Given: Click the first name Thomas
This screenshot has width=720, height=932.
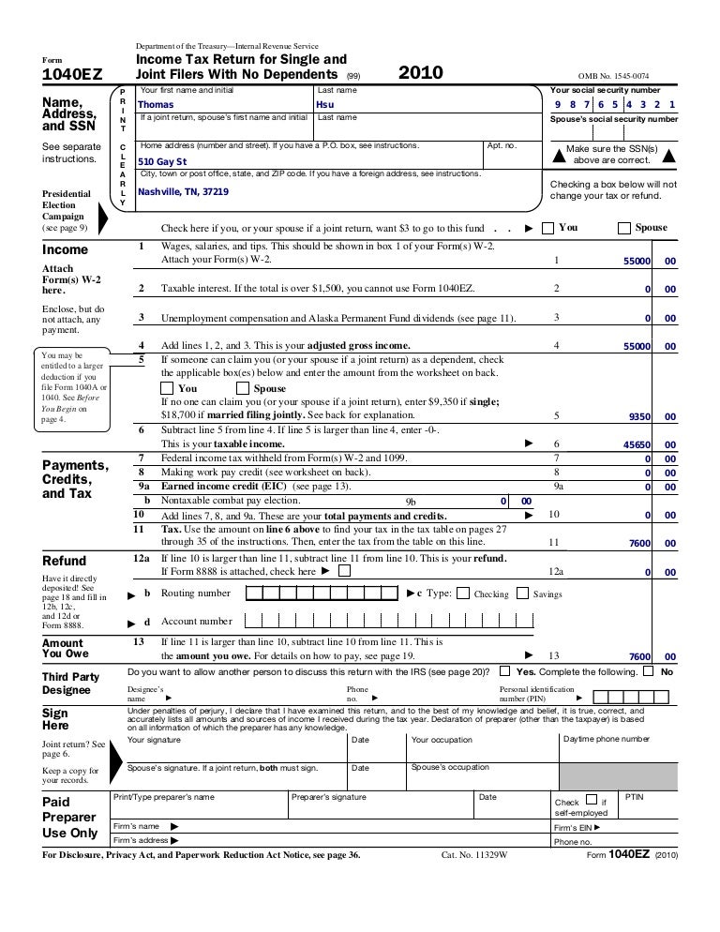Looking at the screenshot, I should tap(156, 105).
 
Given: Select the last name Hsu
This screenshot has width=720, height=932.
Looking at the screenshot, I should tap(325, 105).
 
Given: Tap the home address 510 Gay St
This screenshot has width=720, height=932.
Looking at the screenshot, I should tap(162, 161).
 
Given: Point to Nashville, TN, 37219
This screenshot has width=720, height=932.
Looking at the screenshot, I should tap(183, 192).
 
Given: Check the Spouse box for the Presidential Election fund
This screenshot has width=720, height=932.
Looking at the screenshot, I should tap(625, 228).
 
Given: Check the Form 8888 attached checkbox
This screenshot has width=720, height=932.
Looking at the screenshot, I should tap(346, 570).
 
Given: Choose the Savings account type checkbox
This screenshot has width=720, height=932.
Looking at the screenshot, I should tap(523, 594).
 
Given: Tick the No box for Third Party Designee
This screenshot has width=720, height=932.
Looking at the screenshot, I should tap(648, 671).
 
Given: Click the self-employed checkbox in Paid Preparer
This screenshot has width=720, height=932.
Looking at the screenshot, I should tap(591, 800).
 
